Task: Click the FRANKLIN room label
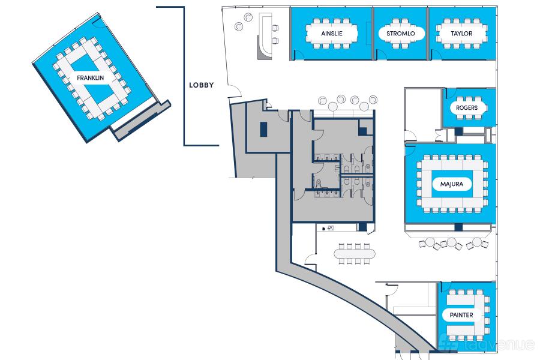click(x=90, y=78)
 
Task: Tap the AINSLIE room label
click(x=332, y=34)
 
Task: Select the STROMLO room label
click(x=401, y=34)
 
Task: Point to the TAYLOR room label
click(x=461, y=34)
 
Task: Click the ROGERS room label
click(x=467, y=108)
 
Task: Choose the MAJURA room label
click(x=451, y=184)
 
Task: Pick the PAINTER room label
click(x=461, y=315)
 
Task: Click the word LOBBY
click(x=202, y=85)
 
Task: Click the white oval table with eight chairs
click(x=355, y=254)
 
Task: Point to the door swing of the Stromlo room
click(x=382, y=55)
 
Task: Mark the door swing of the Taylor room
click(x=437, y=54)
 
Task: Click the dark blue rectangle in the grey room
click(x=264, y=129)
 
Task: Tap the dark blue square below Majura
click(x=458, y=227)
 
